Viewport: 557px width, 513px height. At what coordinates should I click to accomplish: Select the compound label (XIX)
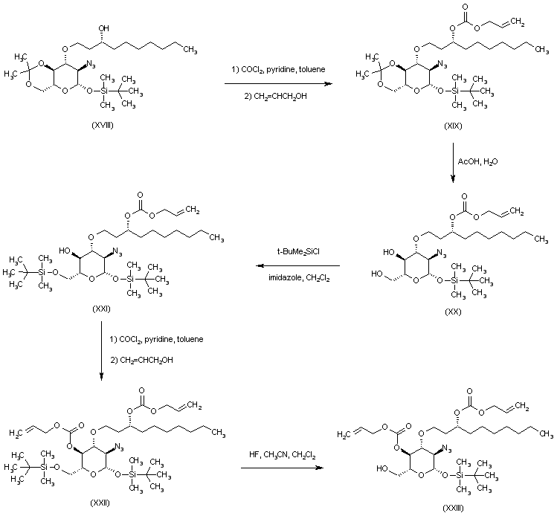click(452, 127)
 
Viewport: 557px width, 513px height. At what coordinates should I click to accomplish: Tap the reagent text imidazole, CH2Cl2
click(297, 277)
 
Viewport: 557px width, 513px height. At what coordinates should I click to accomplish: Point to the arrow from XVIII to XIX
click(279, 85)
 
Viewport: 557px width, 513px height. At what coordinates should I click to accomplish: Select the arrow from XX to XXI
click(297, 266)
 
